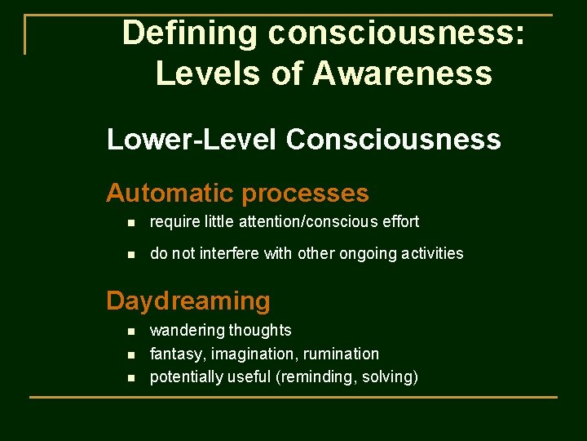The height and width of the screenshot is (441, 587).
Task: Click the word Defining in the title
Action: pos(191,33)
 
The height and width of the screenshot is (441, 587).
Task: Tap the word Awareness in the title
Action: pos(402,73)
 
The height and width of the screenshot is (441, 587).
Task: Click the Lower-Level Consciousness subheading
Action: pos(303,140)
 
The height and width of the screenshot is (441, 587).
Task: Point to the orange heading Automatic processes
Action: pos(237,194)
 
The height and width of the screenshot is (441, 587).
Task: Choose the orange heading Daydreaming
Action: pos(188,301)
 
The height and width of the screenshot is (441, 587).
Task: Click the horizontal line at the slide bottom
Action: pos(293,398)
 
